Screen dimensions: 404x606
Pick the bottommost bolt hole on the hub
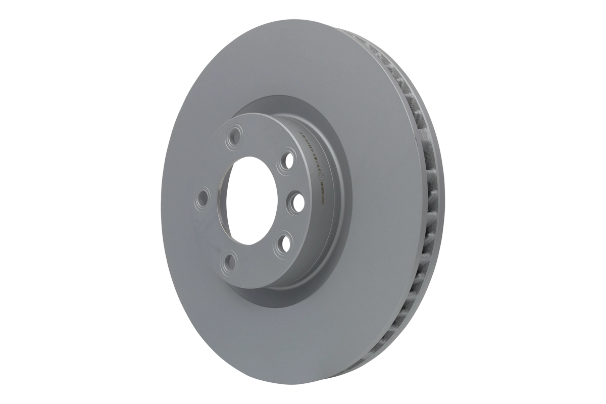coord(229,261)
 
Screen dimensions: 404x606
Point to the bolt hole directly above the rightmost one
coord(288,161)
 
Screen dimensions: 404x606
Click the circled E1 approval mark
coord(323,178)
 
